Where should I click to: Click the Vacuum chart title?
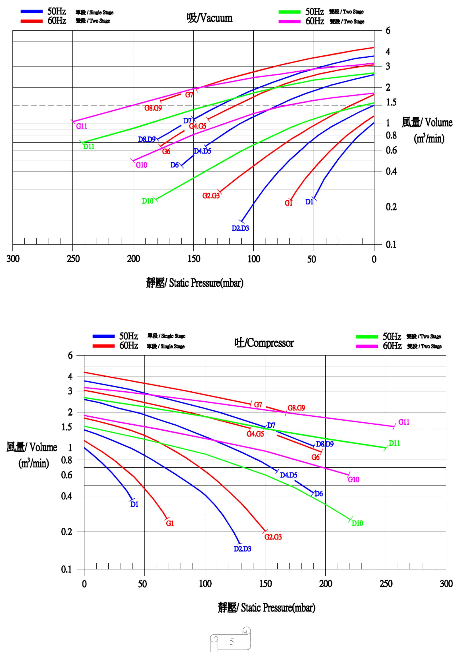point(210,18)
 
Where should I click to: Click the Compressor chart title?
point(264,343)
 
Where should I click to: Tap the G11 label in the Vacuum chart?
point(82,126)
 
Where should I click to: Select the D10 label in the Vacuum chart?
point(147,201)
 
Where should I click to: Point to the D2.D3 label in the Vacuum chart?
point(240,228)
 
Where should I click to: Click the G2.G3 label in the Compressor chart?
point(273,537)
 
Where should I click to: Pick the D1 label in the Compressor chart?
point(134,504)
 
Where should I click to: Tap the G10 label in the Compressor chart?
point(353,479)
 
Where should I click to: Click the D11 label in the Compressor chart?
point(394,443)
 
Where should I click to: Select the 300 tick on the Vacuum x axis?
point(13,259)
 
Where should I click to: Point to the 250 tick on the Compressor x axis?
point(386,584)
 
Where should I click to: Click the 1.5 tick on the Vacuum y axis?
point(391,102)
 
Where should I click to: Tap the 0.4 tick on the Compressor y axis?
point(67,496)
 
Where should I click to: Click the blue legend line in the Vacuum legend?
point(31,12)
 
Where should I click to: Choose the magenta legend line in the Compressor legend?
point(367,346)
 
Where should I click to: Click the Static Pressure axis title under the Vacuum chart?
point(195,283)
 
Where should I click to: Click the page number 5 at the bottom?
point(232,641)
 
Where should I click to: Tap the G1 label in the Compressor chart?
point(170,523)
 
